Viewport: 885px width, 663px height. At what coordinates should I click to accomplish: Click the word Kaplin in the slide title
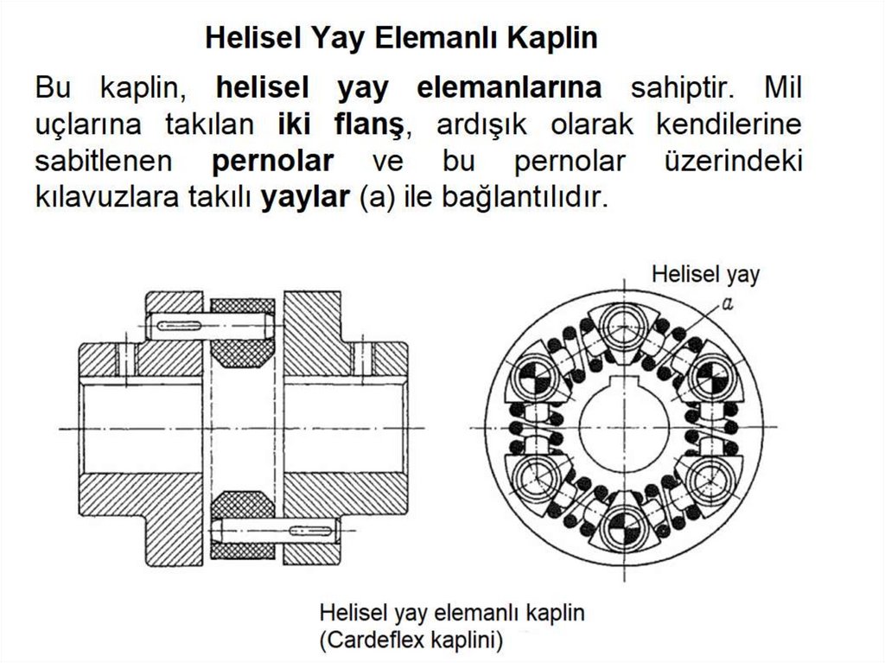[x=553, y=38]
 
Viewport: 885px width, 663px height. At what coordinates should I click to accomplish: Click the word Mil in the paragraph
[x=782, y=87]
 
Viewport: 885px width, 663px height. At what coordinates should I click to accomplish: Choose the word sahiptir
[x=684, y=87]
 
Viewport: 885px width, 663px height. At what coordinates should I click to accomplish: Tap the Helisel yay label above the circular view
[x=705, y=275]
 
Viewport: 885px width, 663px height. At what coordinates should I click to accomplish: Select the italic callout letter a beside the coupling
[x=728, y=303]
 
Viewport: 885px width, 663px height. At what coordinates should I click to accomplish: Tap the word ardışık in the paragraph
[x=479, y=124]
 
